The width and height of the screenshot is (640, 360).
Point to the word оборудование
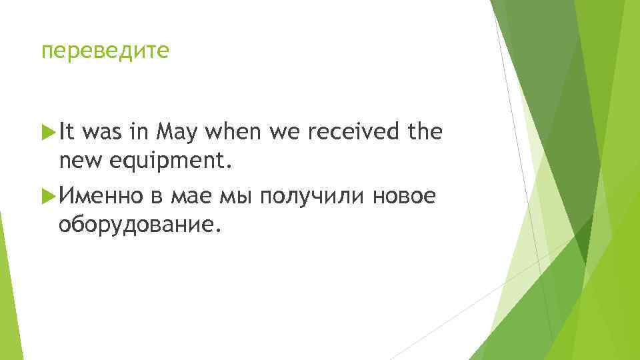139,225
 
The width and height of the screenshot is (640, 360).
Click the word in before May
141,133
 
